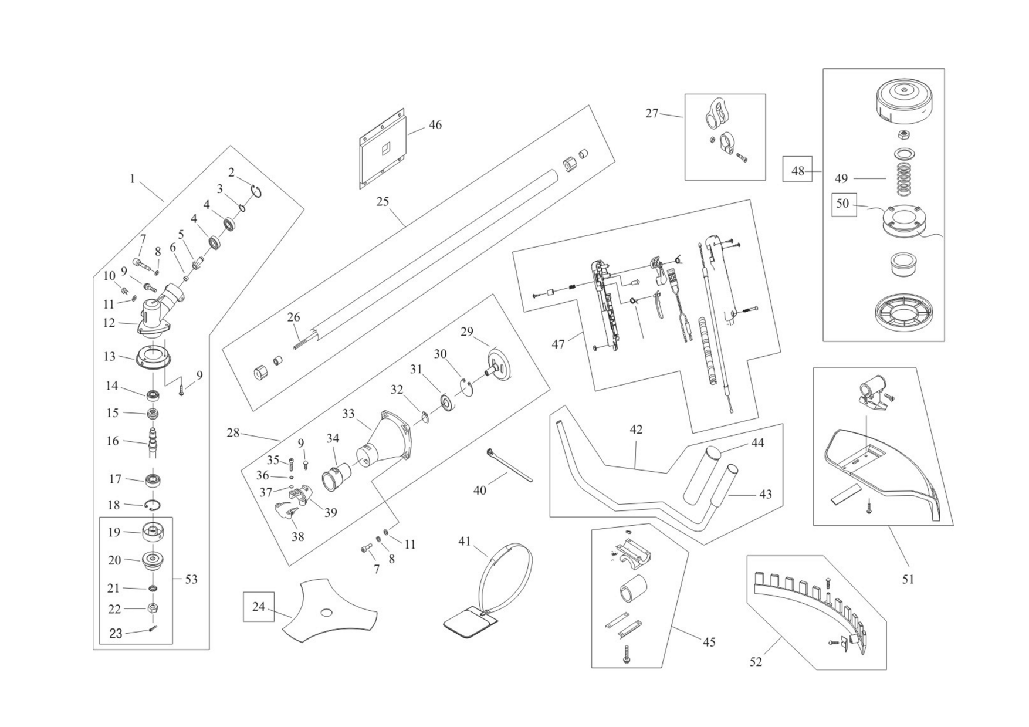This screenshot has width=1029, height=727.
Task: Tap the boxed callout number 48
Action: click(x=797, y=171)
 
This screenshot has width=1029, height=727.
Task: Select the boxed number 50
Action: click(x=842, y=204)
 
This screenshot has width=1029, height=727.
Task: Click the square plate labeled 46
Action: click(x=383, y=149)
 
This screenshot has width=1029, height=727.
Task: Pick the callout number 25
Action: click(x=383, y=202)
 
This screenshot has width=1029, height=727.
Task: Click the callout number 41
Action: click(x=465, y=542)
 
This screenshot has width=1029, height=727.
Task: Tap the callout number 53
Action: click(x=191, y=580)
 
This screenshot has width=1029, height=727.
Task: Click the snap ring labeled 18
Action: click(x=153, y=505)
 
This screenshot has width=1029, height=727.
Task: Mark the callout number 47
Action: click(x=558, y=344)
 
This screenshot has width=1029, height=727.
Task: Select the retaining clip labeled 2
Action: click(x=256, y=191)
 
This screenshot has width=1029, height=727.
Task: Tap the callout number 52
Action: click(x=756, y=662)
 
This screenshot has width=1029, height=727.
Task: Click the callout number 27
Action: click(x=652, y=113)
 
